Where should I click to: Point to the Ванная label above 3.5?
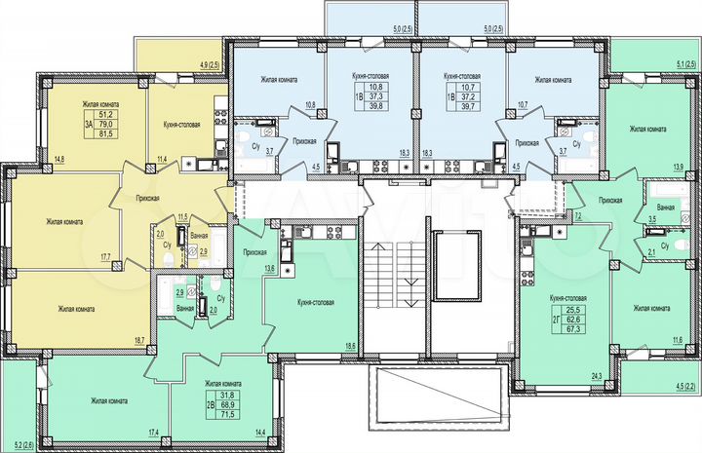[666, 208]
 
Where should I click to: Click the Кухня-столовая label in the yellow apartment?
[182, 124]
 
